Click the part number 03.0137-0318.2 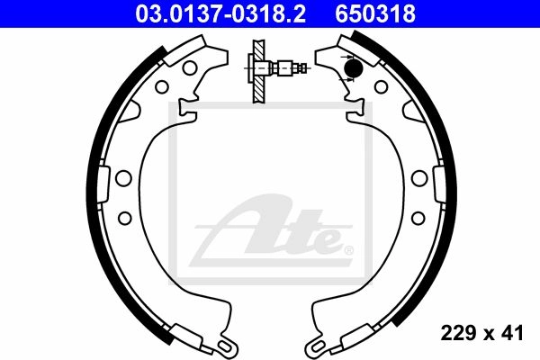pyautogui.click(x=220, y=13)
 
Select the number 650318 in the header pyautogui.click(x=375, y=13)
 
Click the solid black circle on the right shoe pyautogui.click(x=354, y=67)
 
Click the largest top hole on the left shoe pyautogui.click(x=190, y=67)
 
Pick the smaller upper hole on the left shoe pyautogui.click(x=161, y=86)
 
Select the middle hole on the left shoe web pyautogui.click(x=123, y=178)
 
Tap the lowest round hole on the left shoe pyautogui.click(x=125, y=218)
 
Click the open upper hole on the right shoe pyautogui.click(x=382, y=86)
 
